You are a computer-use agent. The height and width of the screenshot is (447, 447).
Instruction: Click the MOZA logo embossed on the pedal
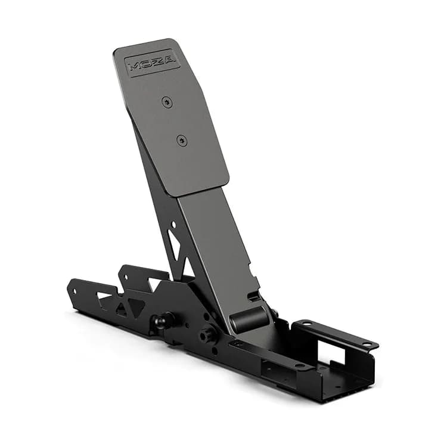click(153, 63)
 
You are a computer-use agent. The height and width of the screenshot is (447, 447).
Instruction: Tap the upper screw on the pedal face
click(168, 103)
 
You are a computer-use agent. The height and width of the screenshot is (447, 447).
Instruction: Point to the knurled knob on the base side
click(207, 334)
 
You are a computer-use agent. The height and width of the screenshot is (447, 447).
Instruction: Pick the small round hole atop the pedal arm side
click(173, 225)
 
